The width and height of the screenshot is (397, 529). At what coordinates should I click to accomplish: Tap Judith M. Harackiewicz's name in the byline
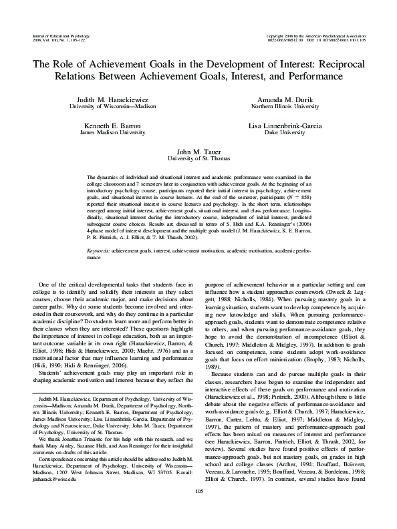point(115,98)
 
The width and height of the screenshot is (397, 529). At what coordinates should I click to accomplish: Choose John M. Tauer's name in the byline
point(198,153)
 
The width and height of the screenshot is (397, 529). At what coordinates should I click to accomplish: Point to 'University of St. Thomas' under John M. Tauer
point(198,160)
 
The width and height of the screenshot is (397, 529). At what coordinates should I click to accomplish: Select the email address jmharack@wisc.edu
point(53,479)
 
